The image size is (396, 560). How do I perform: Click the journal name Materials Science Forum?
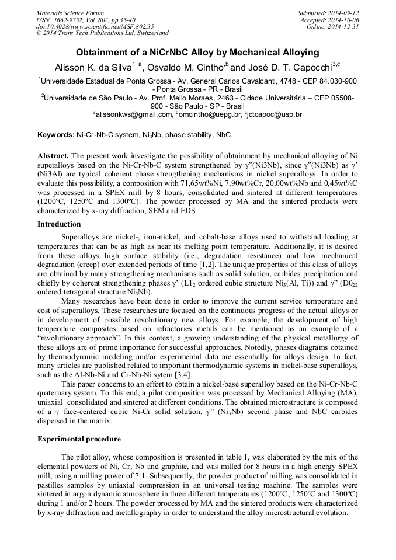click(70, 13)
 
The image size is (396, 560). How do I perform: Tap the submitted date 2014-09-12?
click(345, 13)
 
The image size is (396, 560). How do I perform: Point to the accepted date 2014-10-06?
click(345, 20)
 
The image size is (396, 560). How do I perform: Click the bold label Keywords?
click(56, 135)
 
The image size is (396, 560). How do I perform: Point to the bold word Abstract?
click(53, 156)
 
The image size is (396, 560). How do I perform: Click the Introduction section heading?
click(59, 224)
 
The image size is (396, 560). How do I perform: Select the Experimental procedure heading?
click(79, 439)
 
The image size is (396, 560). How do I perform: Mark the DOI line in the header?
click(95, 26)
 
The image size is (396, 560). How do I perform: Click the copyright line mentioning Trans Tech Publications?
click(102, 33)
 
